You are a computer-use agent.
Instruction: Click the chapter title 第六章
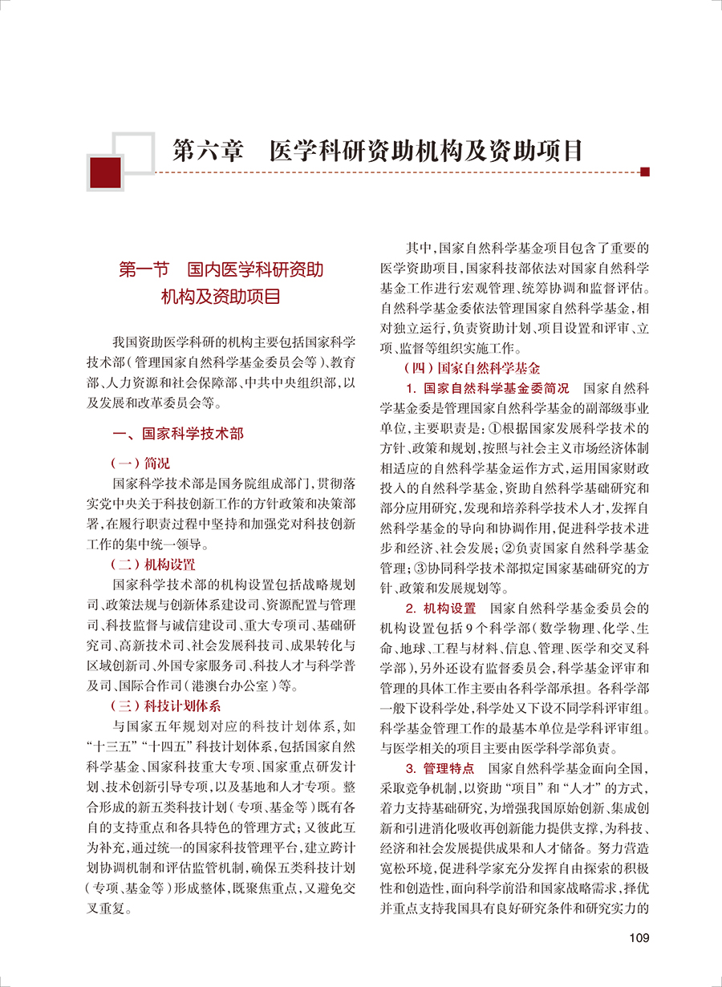(208, 152)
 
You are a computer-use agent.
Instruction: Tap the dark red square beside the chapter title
(105, 172)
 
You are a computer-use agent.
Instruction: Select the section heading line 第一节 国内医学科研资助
(221, 270)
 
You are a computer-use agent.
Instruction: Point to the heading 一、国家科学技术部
(178, 434)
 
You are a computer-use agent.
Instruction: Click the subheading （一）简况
(141, 463)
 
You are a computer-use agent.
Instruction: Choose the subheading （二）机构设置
(152, 564)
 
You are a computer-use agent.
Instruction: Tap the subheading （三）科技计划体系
(165, 706)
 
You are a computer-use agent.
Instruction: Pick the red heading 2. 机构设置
(441, 610)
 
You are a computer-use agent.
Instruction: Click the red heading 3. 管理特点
(441, 768)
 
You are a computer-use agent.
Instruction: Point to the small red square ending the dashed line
(644, 171)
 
